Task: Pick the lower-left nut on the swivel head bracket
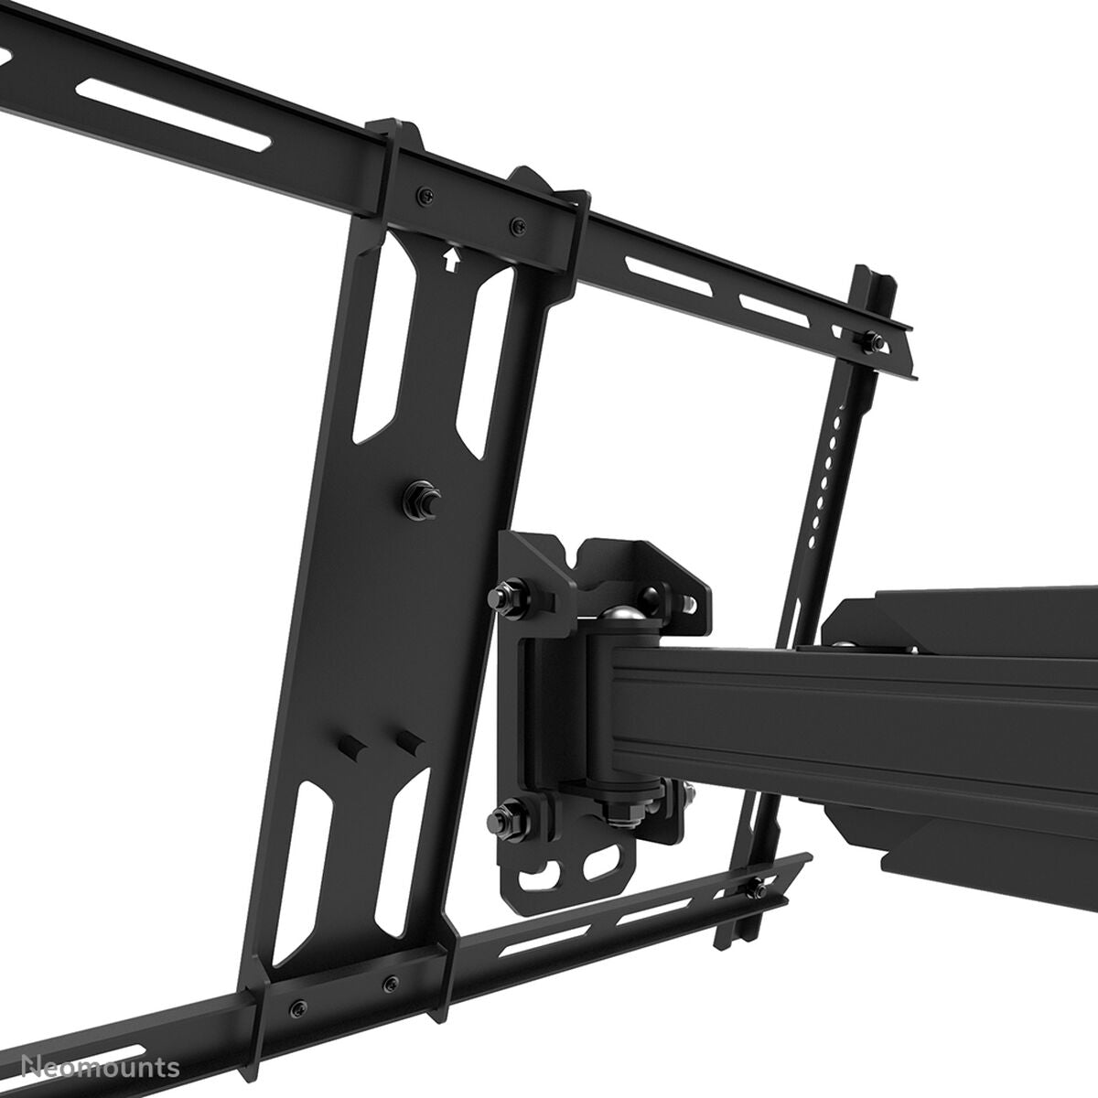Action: pos(505,813)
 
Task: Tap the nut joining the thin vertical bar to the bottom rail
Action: pos(759,888)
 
